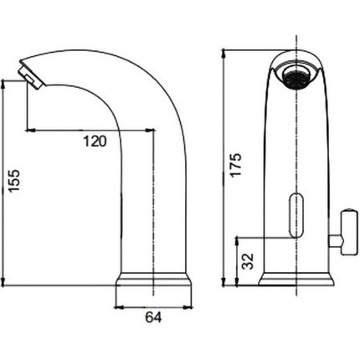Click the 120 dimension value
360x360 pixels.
pos(95,141)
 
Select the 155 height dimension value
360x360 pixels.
pos(14,181)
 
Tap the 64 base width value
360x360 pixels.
pos(153,317)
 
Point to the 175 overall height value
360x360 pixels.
pos(236,164)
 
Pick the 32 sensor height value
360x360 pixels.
pos(248,261)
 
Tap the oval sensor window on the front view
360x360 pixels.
pos(296,215)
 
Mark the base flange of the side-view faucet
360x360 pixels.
pos(153,279)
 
